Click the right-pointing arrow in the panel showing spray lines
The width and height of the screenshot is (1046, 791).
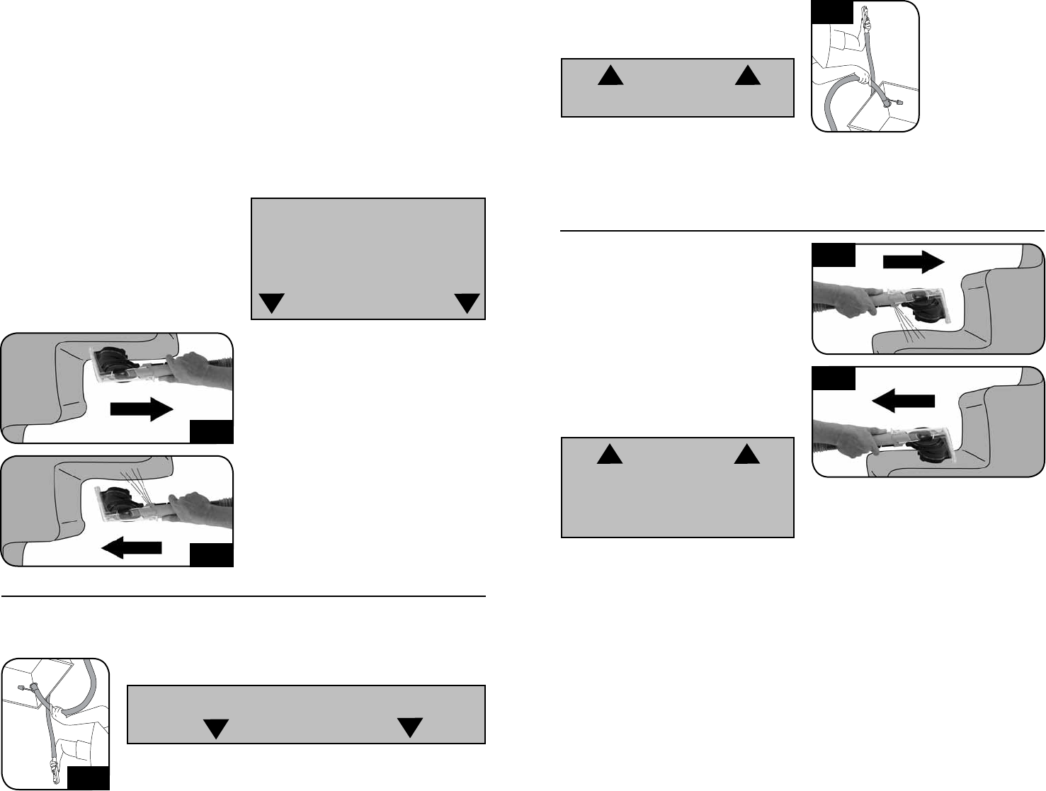pos(914,261)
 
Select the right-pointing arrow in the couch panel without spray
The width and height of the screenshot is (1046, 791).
pos(142,410)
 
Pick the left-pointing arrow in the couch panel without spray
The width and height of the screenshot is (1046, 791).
pos(904,401)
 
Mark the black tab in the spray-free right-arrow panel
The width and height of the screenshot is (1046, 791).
pos(212,432)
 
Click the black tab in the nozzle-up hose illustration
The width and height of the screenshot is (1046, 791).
pos(832,13)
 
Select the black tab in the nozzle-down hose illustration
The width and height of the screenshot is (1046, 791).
pos(89,778)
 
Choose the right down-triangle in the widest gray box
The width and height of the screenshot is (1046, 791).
pos(410,727)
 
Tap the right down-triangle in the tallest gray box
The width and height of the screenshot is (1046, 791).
pos(467,303)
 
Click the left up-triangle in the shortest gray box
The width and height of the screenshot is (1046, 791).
pos(610,75)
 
